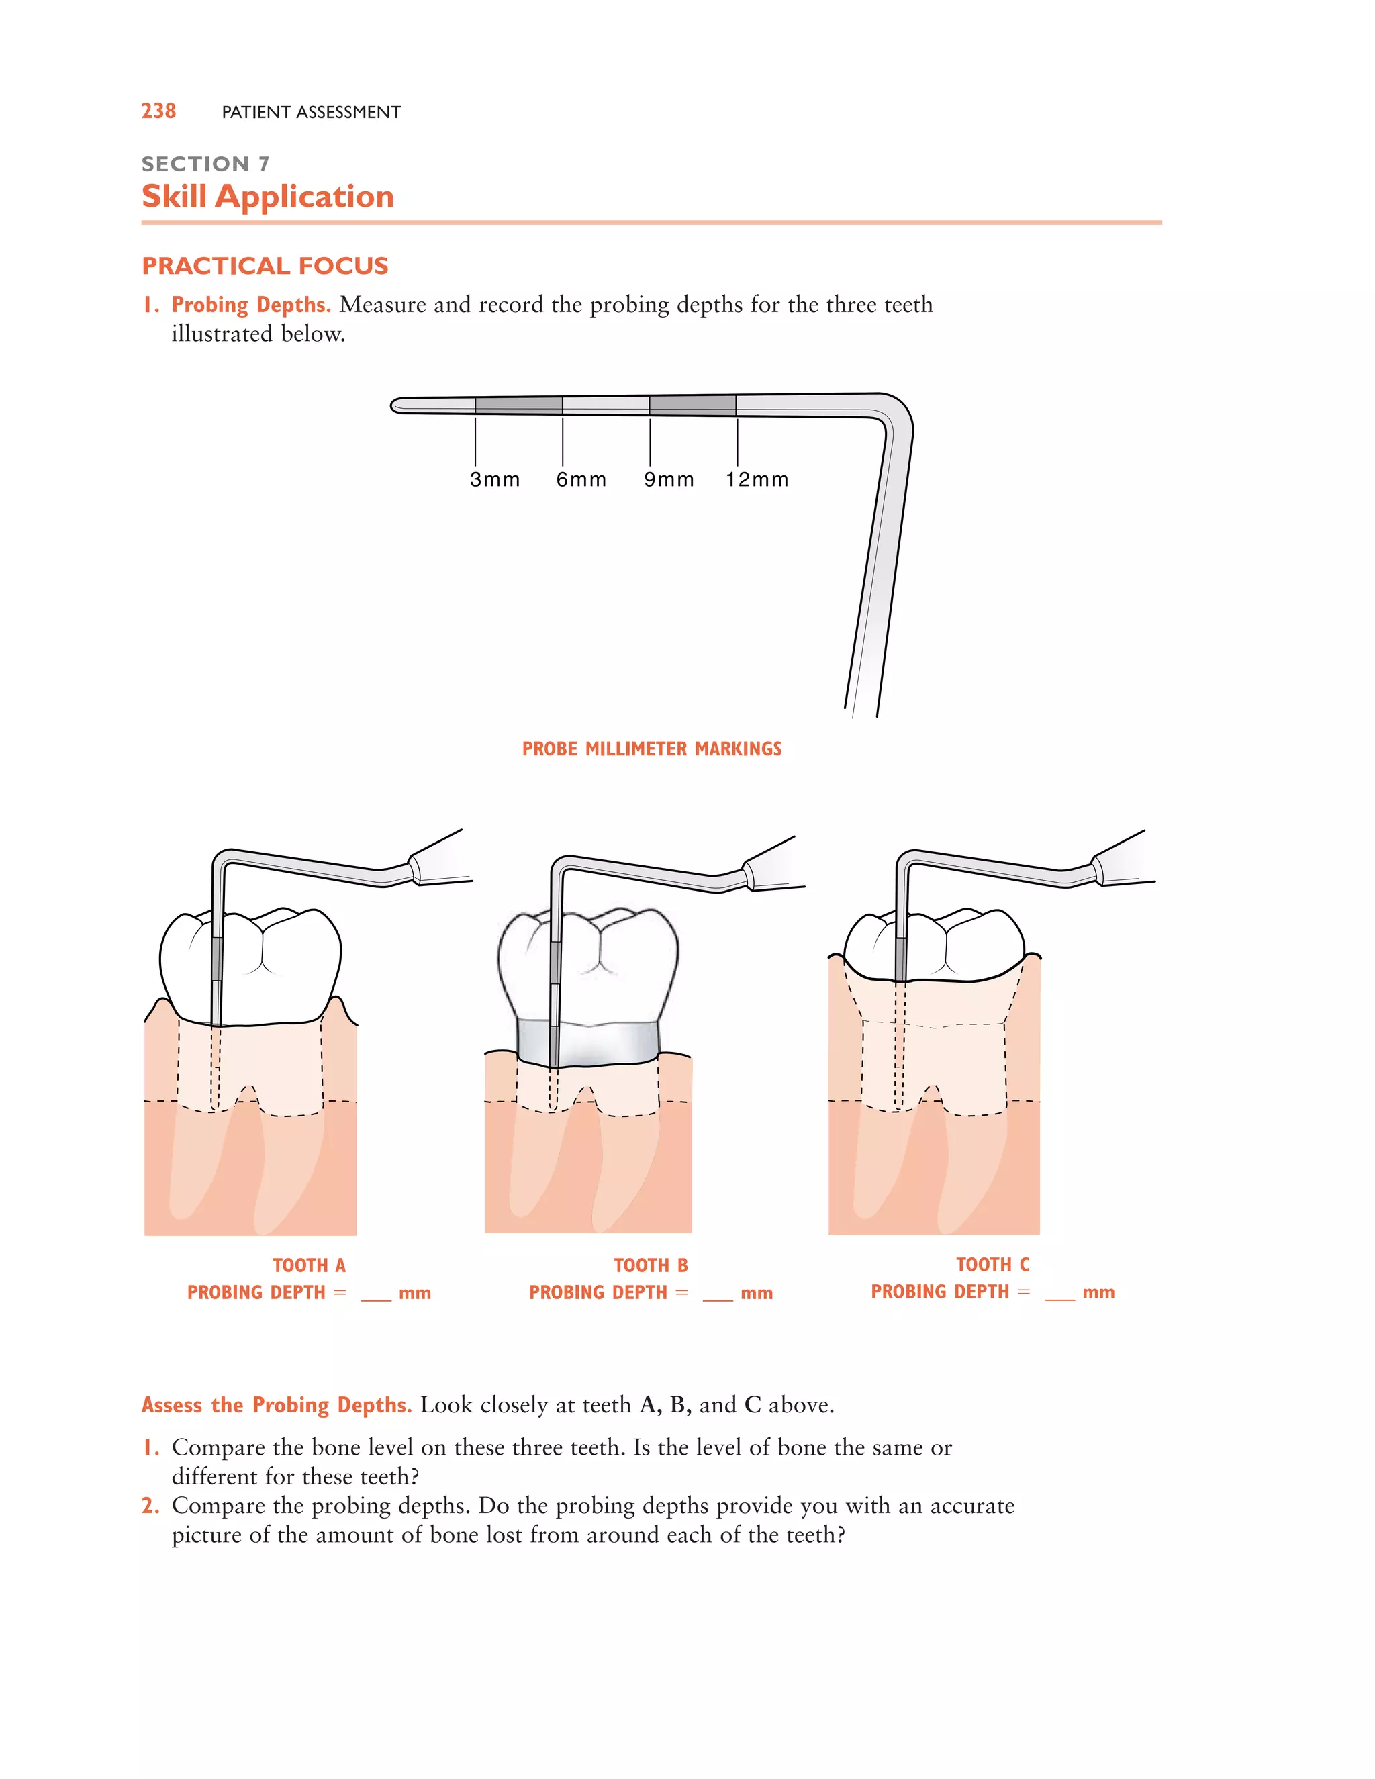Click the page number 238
point(159,111)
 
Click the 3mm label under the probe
point(494,480)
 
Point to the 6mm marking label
point(581,480)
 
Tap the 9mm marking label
point(669,480)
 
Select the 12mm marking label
point(757,480)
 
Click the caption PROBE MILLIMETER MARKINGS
point(652,749)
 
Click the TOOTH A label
point(309,1265)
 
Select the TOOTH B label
point(651,1265)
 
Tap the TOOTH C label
point(992,1264)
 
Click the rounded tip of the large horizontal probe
point(397,405)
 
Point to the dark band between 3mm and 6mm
point(519,405)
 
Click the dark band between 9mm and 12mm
point(692,405)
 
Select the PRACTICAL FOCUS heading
point(265,266)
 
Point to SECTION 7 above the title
point(205,164)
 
